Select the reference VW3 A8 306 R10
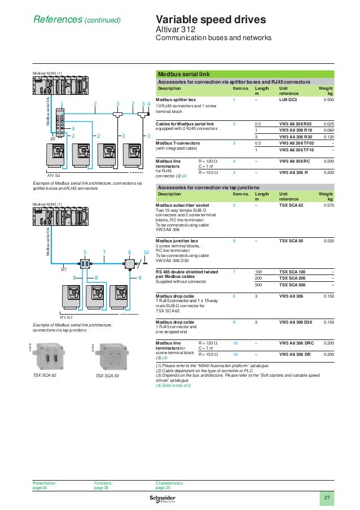point(295,130)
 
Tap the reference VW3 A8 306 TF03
point(296,143)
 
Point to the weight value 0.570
point(328,206)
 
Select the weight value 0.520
point(328,241)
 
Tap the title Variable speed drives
point(210,20)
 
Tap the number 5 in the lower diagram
point(85,252)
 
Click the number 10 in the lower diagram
point(146,252)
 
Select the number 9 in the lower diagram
point(139,278)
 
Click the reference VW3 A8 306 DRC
point(297,343)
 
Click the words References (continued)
point(77,20)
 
